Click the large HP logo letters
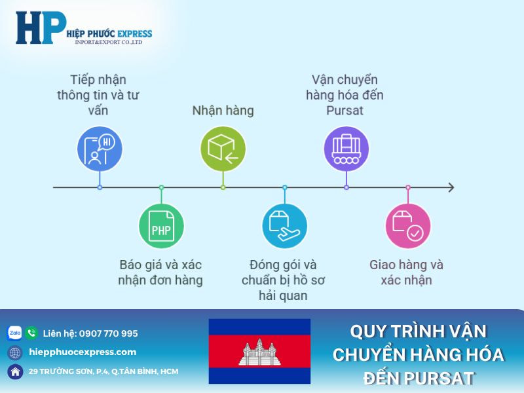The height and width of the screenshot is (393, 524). point(41,28)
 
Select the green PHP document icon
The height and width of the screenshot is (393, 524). point(161,226)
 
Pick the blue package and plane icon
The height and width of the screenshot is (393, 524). point(284,226)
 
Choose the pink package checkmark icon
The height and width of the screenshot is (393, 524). point(407,226)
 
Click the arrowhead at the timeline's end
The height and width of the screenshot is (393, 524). point(451,188)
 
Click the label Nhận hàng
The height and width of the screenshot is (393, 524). point(223,111)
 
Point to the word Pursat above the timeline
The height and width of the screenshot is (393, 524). point(345,111)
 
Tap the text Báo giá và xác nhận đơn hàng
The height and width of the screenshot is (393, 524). point(161,273)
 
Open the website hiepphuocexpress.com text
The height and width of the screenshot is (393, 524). point(83,352)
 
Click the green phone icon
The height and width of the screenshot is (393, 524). point(31,333)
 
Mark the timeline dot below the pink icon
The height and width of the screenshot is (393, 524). point(407,188)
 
